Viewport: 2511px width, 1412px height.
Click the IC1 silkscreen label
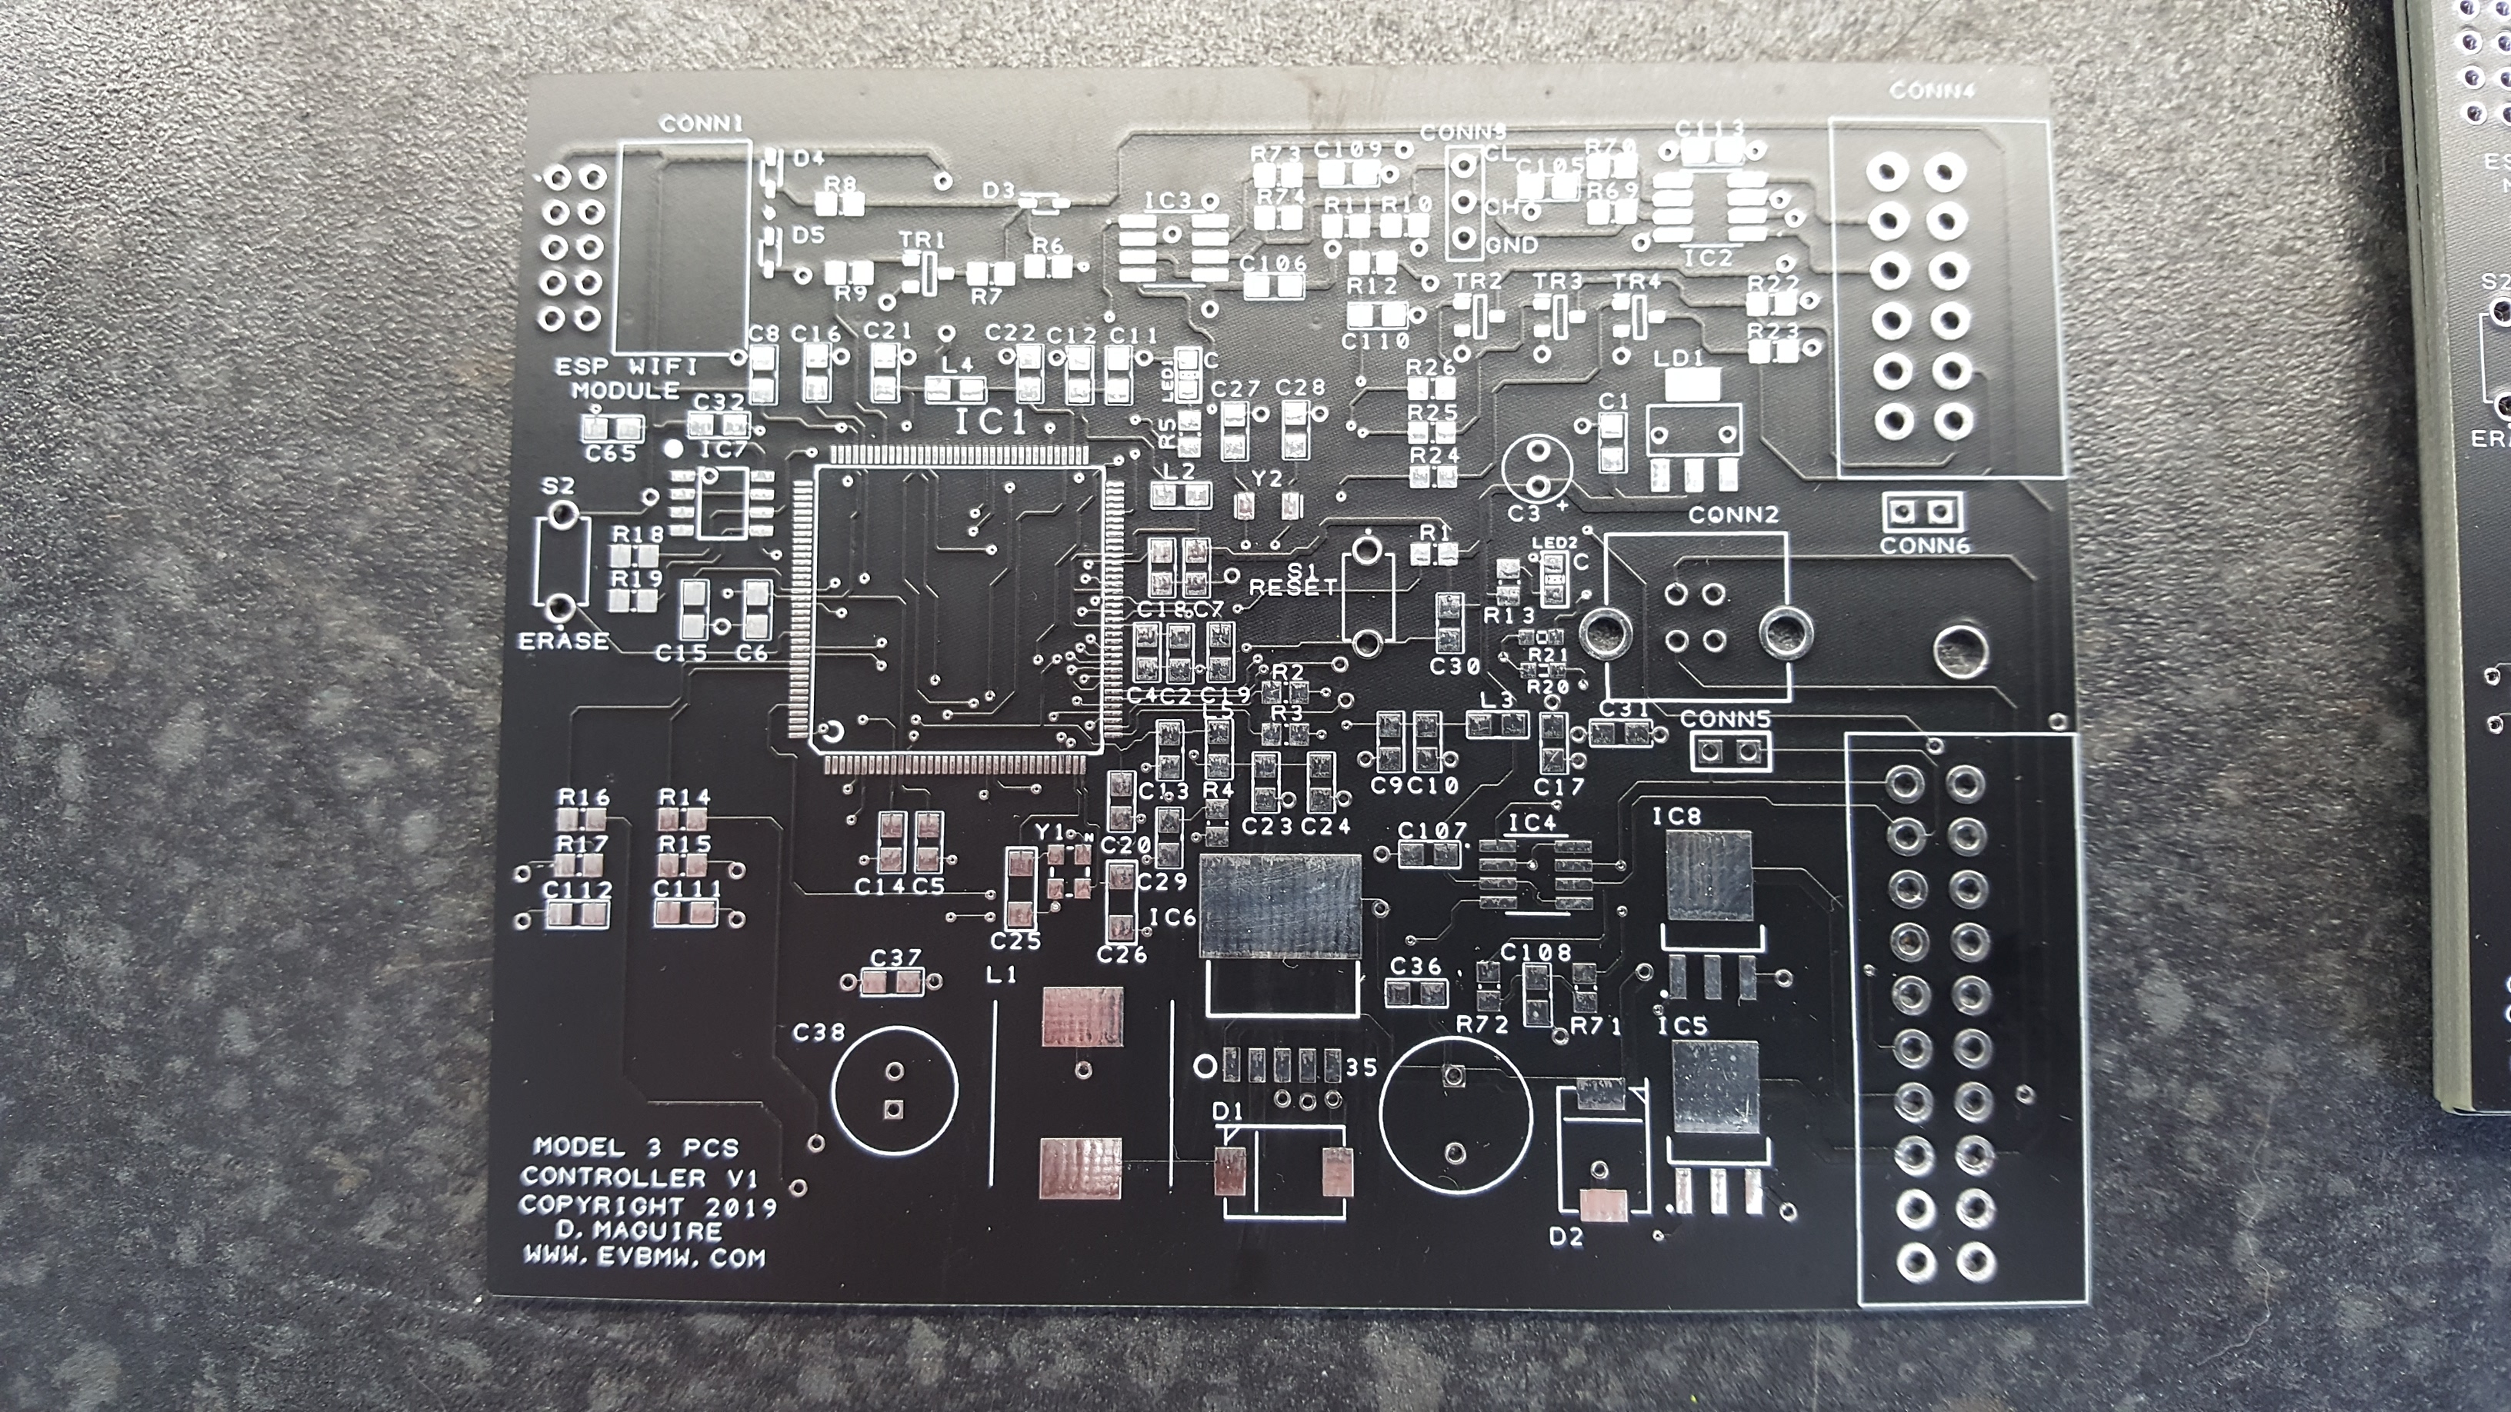(989, 423)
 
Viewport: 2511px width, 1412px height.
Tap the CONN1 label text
(701, 125)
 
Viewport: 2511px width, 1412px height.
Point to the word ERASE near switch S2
(563, 641)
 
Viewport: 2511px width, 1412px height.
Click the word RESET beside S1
(1293, 587)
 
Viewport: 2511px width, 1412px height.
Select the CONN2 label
(1733, 515)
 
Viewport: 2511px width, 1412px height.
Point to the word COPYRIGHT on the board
(601, 1205)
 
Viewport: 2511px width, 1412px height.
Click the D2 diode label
(1566, 1237)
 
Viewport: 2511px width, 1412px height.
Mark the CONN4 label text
(1931, 92)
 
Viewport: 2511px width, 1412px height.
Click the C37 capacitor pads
(894, 985)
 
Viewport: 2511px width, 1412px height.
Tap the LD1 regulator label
(1679, 358)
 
